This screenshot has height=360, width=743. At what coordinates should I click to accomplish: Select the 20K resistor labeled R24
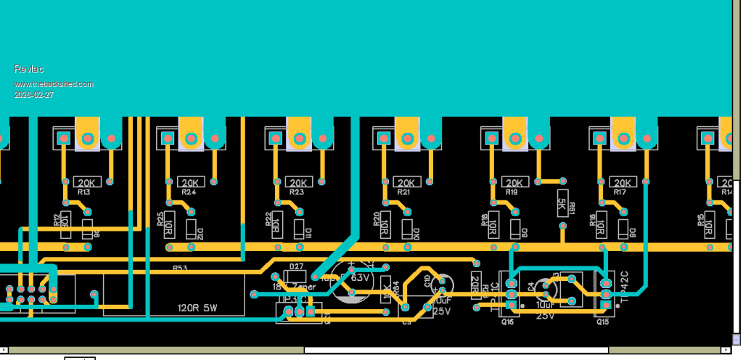190,182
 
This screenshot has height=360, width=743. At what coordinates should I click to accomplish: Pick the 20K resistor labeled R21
406,182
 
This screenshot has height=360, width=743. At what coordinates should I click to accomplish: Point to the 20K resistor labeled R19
513,182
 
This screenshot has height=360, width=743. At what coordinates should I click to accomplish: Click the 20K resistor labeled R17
620,182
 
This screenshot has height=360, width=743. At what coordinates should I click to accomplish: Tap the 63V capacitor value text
361,277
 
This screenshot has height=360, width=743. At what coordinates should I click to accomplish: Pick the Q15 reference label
602,321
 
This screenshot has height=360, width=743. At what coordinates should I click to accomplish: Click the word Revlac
29,69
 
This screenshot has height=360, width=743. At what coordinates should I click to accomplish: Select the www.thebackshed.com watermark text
54,84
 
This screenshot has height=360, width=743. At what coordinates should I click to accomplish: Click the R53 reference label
179,269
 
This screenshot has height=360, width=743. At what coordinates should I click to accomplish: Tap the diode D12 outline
191,229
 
